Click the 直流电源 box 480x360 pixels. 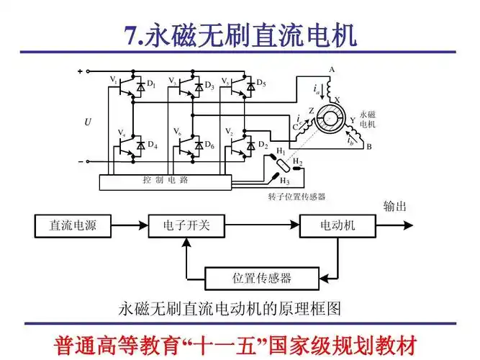click(x=73, y=226)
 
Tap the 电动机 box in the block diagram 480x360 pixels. click(x=338, y=226)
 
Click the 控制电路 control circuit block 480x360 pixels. click(x=165, y=181)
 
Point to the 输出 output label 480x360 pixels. click(x=395, y=206)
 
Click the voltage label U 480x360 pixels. click(x=88, y=122)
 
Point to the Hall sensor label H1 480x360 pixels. click(x=279, y=152)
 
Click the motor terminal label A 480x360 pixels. click(x=332, y=70)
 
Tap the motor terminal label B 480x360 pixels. click(x=369, y=147)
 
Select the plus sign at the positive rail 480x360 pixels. click(x=80, y=71)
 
